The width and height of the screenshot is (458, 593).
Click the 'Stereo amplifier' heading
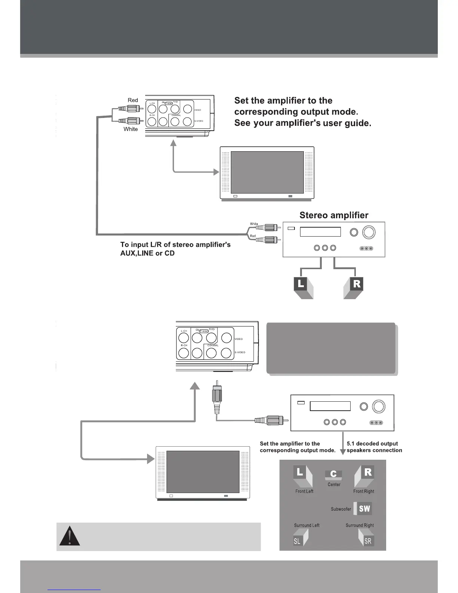pyautogui.click(x=334, y=215)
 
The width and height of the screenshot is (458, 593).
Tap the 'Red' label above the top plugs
pyautogui.click(x=133, y=100)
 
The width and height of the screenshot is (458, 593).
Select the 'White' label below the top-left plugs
pyautogui.click(x=131, y=129)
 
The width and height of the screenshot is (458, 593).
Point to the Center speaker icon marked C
pyautogui.click(x=333, y=475)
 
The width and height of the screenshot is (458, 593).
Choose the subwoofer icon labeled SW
pyautogui.click(x=363, y=508)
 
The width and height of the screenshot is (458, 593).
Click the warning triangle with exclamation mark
pyautogui.click(x=69, y=536)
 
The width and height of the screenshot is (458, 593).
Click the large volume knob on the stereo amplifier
pyautogui.click(x=369, y=232)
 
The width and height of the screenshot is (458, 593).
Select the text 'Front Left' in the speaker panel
pyautogui.click(x=304, y=491)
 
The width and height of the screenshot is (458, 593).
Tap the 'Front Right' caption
pyautogui.click(x=363, y=491)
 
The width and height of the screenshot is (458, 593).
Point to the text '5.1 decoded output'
pyautogui.click(x=372, y=444)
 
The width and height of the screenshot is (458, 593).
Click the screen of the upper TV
pyautogui.click(x=267, y=172)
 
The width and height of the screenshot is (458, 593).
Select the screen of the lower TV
pyautogui.click(x=202, y=472)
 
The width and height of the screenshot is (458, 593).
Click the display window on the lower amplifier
pyautogui.click(x=330, y=406)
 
